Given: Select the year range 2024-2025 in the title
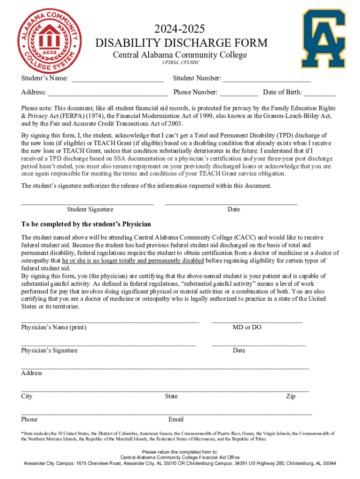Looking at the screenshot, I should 181,29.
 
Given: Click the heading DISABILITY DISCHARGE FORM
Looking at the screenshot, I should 181,43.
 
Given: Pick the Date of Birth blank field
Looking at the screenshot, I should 319,93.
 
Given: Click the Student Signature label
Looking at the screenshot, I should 90,210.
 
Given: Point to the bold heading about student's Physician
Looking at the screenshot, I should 86,224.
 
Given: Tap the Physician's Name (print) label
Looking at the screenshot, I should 54,327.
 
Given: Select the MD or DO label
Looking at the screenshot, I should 247,327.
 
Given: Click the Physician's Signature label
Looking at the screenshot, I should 50,350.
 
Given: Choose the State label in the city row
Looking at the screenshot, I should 171,396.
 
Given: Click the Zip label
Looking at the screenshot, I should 290,396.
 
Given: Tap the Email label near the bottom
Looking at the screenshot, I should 176,419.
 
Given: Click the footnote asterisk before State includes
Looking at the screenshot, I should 22,433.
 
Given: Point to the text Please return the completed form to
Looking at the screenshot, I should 180,452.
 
